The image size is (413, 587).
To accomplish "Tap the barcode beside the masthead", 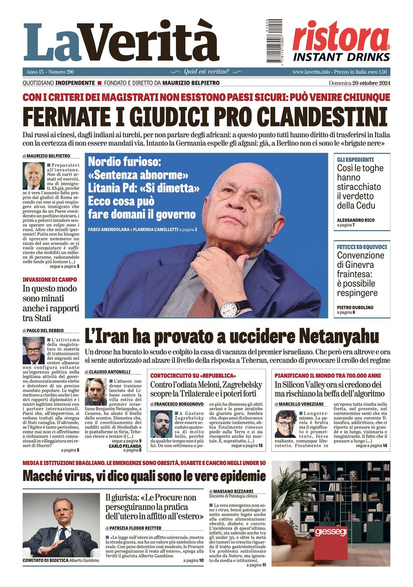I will click(x=274, y=41).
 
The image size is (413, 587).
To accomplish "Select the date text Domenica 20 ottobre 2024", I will click(x=359, y=83).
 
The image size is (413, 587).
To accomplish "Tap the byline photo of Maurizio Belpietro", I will click(x=33, y=176).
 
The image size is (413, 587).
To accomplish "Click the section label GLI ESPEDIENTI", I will click(x=355, y=160).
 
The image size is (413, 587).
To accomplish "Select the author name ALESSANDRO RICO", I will click(x=355, y=220).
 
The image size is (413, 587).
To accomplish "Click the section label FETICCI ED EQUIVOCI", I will click(x=362, y=247).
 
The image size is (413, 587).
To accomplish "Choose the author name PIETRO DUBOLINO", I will click(x=355, y=308).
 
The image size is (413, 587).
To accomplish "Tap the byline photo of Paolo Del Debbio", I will click(x=33, y=350).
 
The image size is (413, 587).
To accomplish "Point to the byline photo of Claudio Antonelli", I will click(x=96, y=392).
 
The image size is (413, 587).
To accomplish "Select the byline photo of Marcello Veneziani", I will click(x=286, y=424).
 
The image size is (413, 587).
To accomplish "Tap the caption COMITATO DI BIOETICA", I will click(x=46, y=560).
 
